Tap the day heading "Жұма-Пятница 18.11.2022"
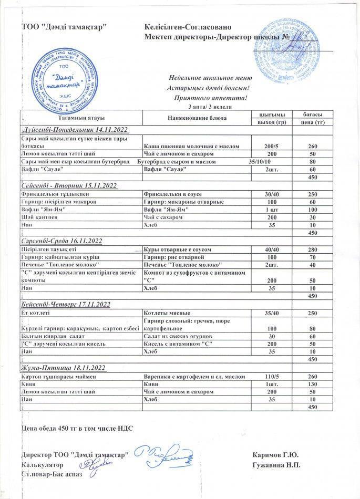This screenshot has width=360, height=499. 64,368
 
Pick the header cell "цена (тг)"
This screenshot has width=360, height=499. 312,122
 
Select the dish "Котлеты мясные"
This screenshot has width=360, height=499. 166,313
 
